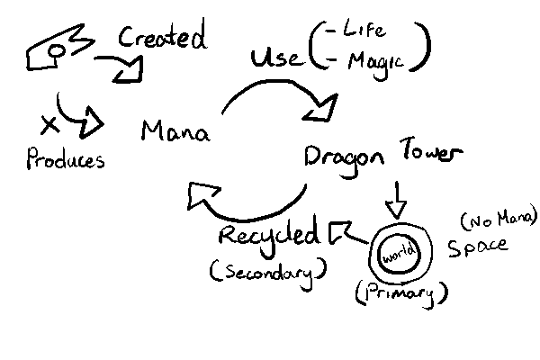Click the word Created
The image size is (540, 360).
163,38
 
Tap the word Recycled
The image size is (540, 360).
269,236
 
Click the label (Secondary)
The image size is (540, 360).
267,269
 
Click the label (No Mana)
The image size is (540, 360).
498,218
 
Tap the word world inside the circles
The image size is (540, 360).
397,254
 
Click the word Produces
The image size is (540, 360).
65,160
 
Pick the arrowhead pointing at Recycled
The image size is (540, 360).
340,234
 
